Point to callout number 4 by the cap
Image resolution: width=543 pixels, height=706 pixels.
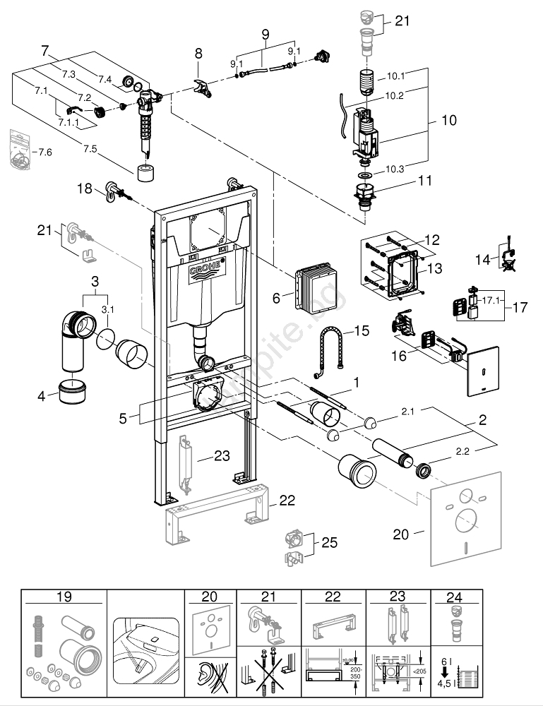coord(42,396)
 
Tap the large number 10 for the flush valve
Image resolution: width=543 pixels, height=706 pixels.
coord(448,121)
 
